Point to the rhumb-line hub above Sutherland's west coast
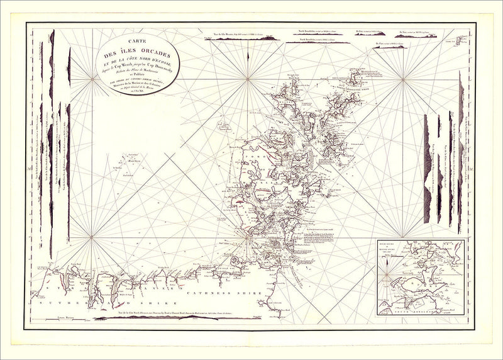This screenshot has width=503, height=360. (x=92, y=237)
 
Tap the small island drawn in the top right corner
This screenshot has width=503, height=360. (x=462, y=40)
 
